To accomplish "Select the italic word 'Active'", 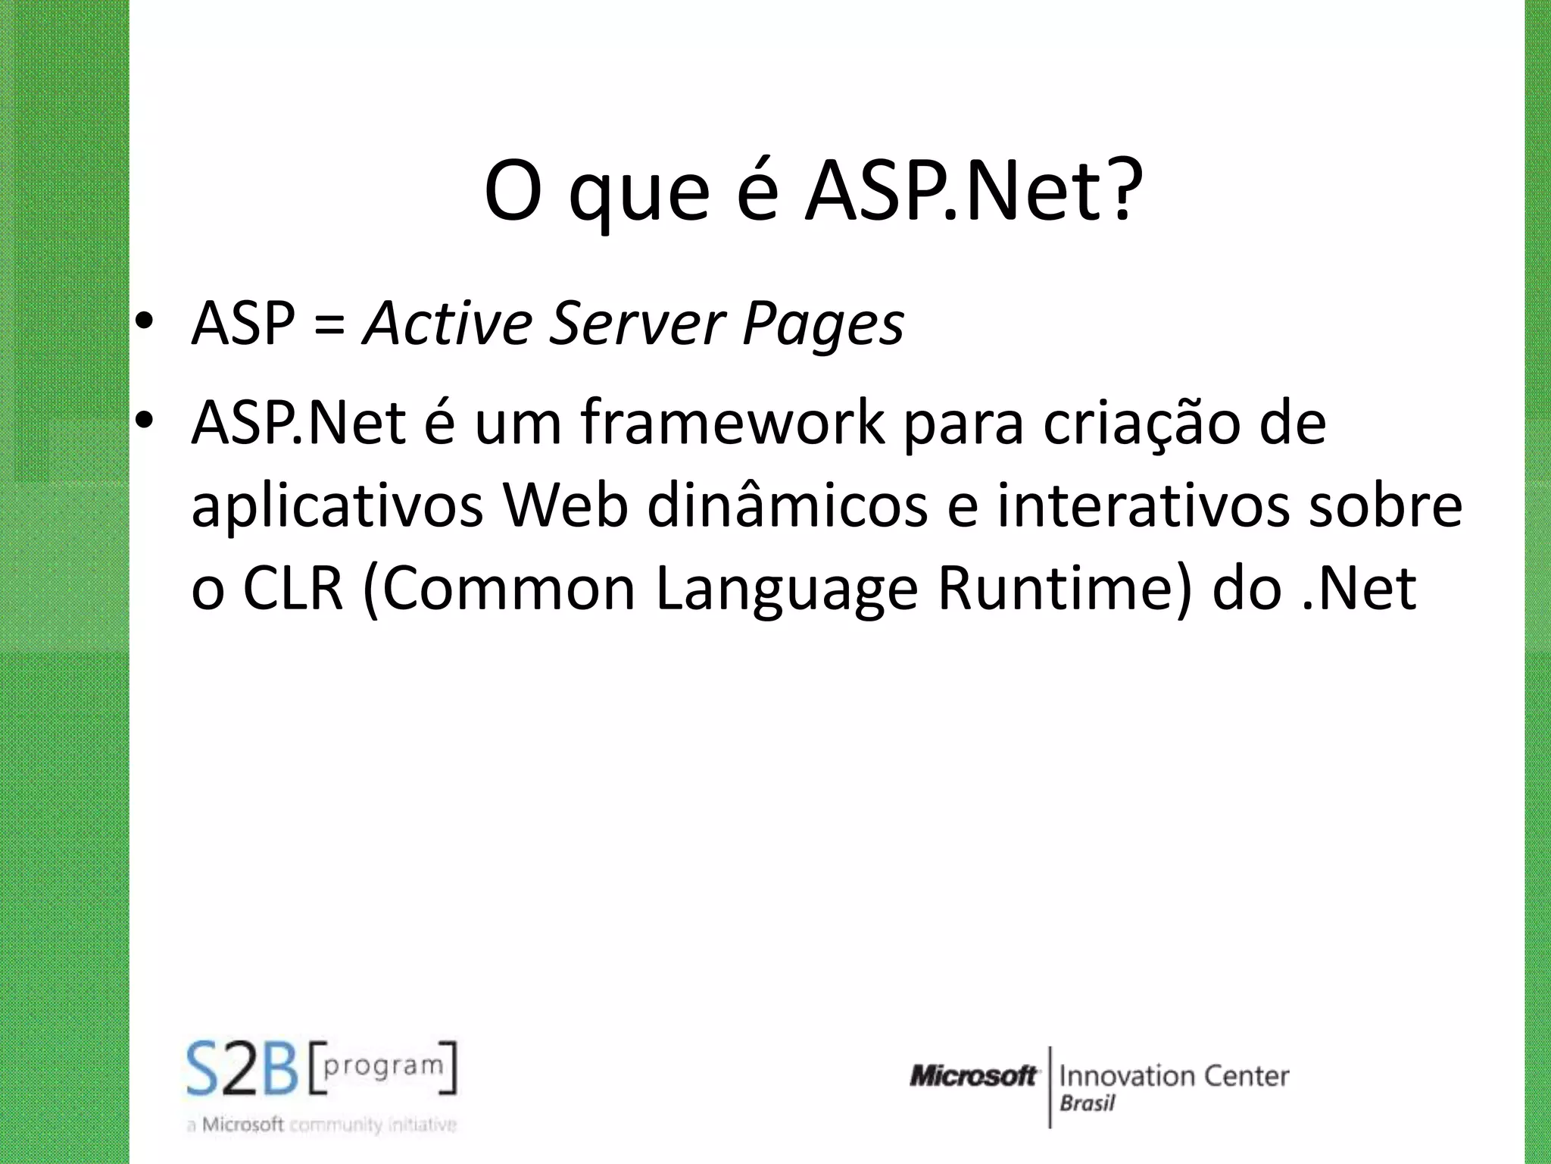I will point(448,324).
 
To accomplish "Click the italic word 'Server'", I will point(636,324).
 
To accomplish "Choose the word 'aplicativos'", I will point(337,506).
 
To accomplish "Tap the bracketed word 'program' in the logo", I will point(383,1065).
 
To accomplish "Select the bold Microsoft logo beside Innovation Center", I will point(974,1075).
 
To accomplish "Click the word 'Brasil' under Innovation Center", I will point(1088,1103).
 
